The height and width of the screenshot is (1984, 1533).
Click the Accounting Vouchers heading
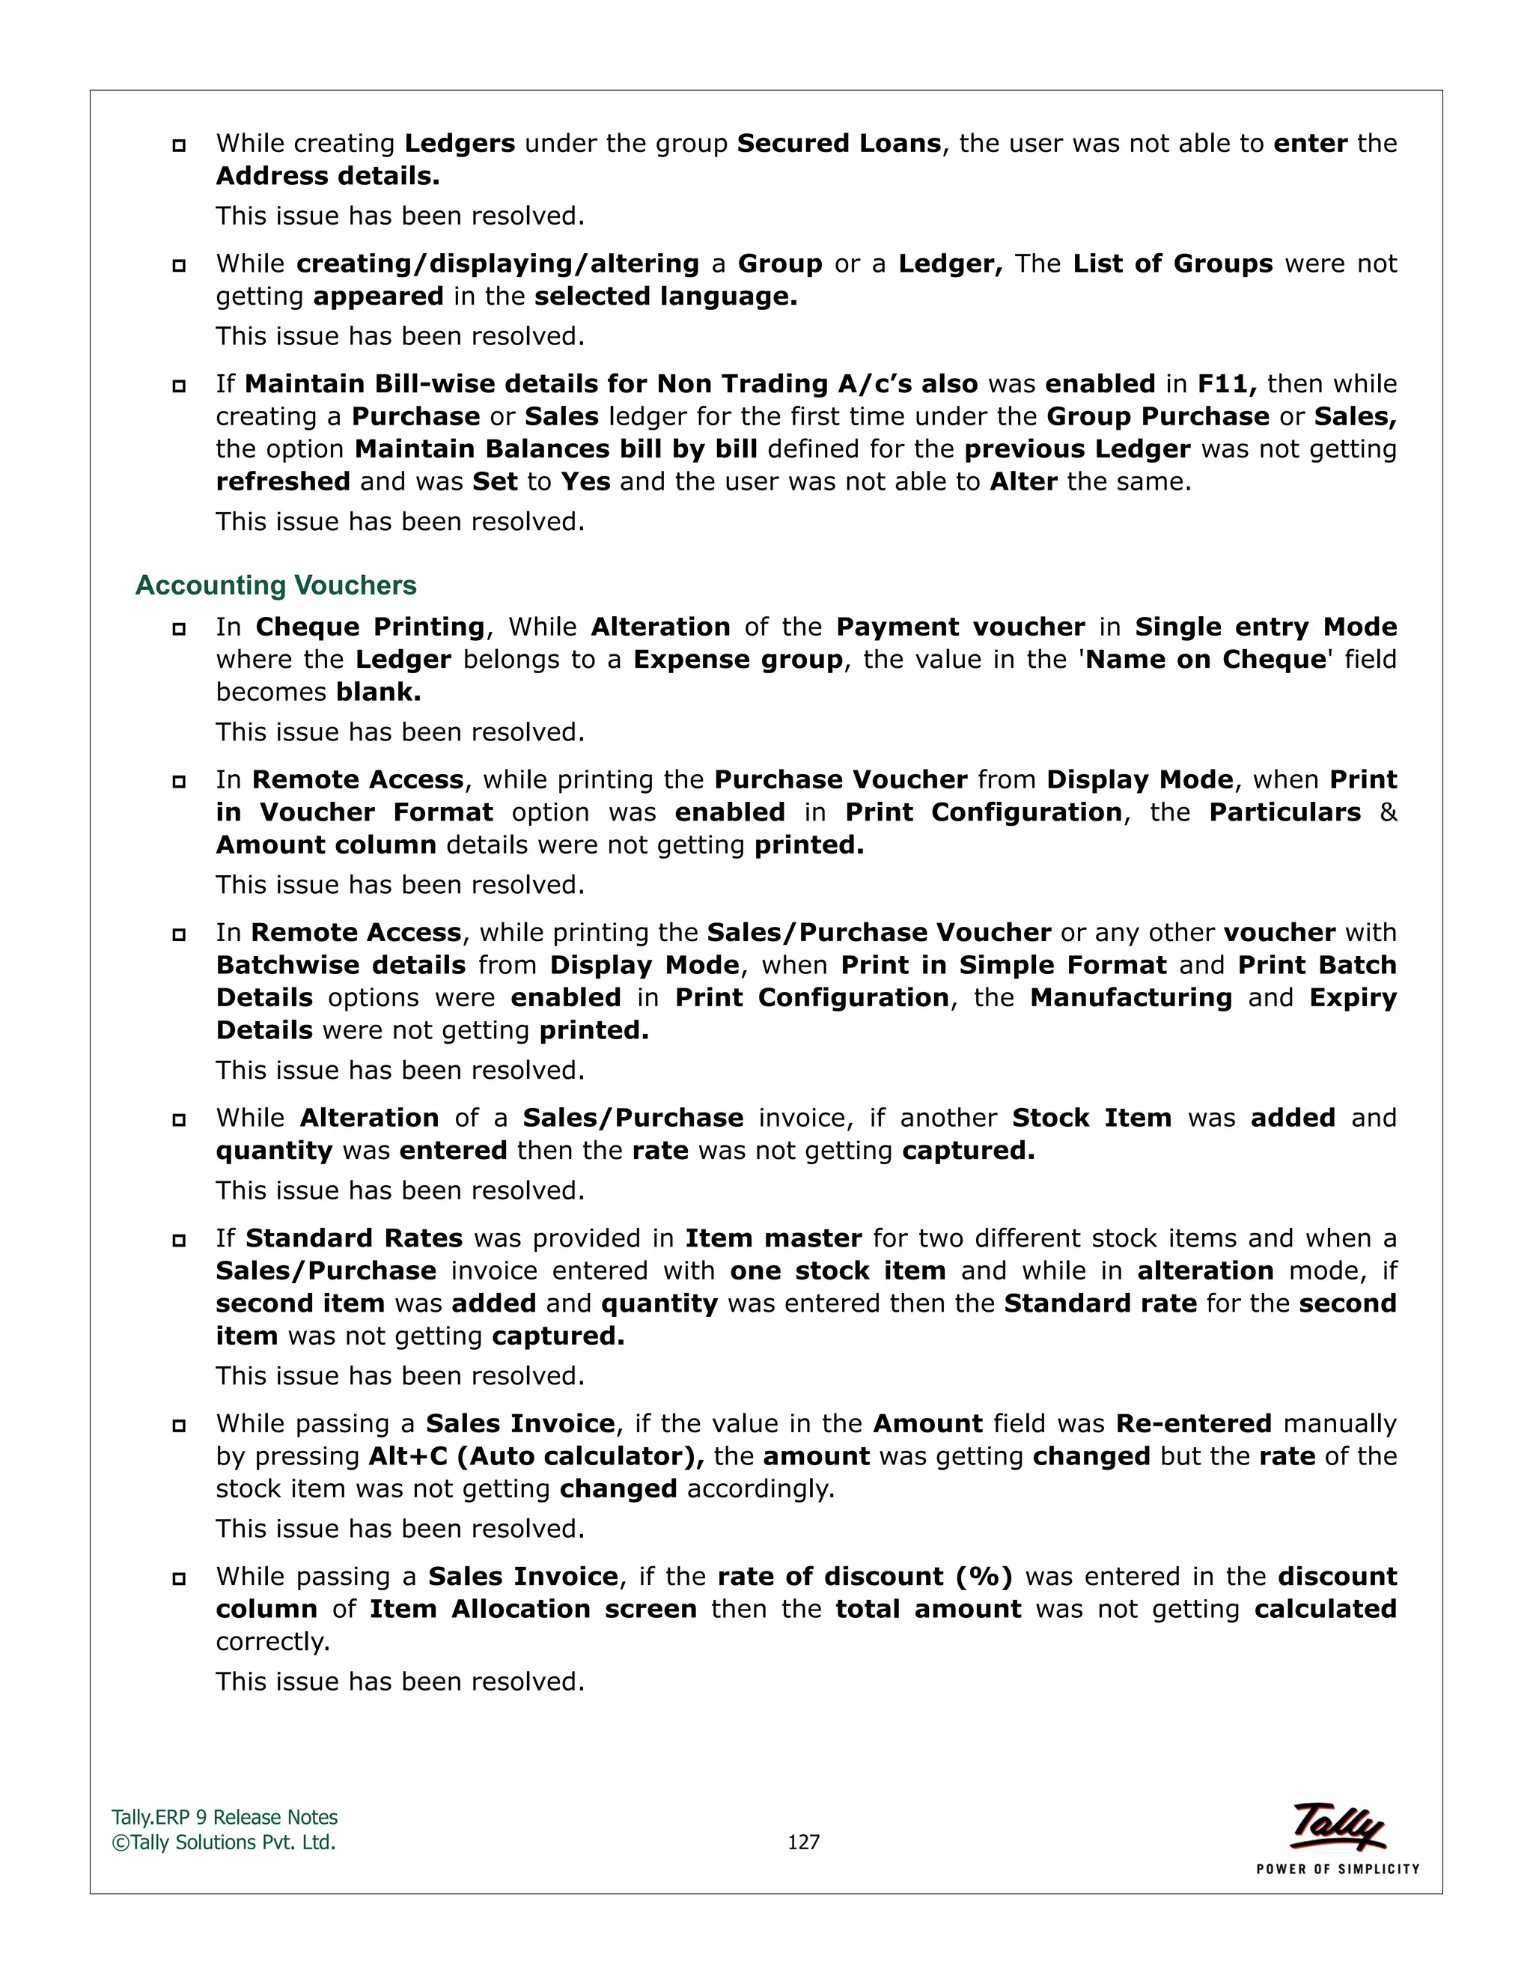pyautogui.click(x=275, y=585)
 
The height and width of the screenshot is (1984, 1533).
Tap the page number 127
pyautogui.click(x=803, y=1842)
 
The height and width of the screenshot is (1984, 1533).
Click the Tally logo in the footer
pyautogui.click(x=1337, y=1826)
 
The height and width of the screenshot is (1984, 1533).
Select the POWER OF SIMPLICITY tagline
pyautogui.click(x=1337, y=1869)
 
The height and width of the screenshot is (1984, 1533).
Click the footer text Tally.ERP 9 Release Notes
pyautogui.click(x=225, y=1817)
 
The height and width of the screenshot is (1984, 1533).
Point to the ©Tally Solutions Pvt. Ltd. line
pyautogui.click(x=223, y=1842)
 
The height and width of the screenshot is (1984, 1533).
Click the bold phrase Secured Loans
pyautogui.click(x=838, y=144)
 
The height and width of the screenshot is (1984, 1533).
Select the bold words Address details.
pyautogui.click(x=328, y=176)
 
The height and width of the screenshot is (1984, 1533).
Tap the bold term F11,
pyautogui.click(x=1226, y=383)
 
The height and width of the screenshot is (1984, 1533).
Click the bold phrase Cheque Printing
pyautogui.click(x=371, y=627)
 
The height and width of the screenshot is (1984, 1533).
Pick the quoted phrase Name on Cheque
pyautogui.click(x=1206, y=660)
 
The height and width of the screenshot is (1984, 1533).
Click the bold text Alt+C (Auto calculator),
pyautogui.click(x=536, y=1456)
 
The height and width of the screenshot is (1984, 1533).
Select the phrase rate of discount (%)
pyautogui.click(x=865, y=1576)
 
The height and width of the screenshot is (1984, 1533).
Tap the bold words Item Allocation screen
pyautogui.click(x=533, y=1609)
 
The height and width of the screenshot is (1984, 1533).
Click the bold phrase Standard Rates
pyautogui.click(x=354, y=1238)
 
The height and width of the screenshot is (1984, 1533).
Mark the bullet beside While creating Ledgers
pyautogui.click(x=179, y=145)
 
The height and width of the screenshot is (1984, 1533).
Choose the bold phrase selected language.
pyautogui.click(x=665, y=296)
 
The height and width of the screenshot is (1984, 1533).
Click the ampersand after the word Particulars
pyautogui.click(x=1387, y=812)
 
